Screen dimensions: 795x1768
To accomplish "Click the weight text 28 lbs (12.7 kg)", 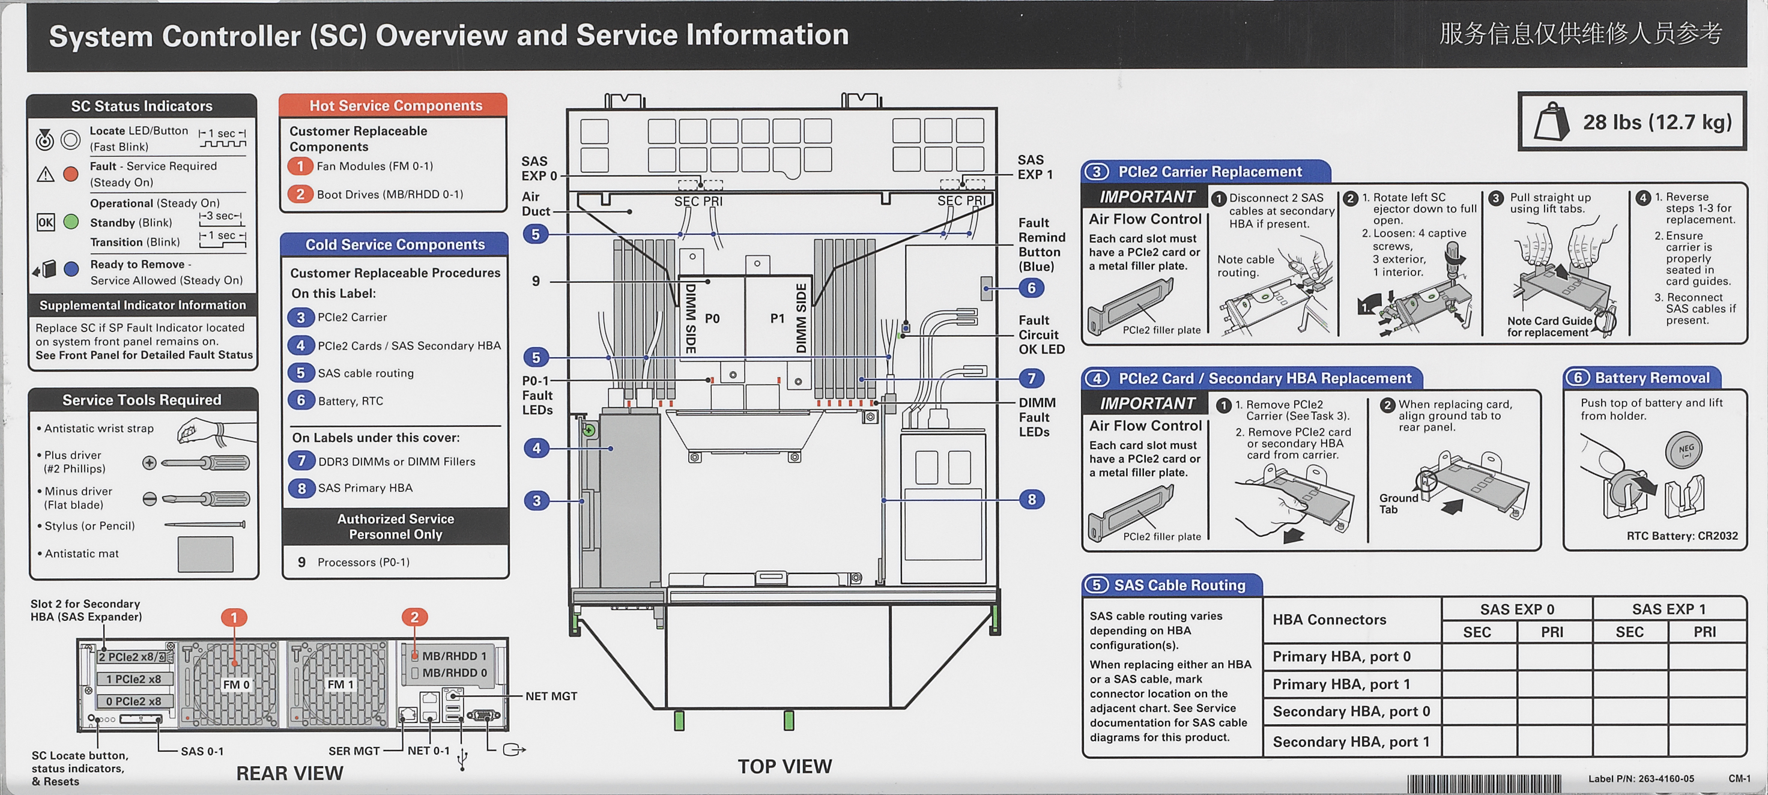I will pos(1657,122).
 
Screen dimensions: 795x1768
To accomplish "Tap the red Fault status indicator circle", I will pos(71,174).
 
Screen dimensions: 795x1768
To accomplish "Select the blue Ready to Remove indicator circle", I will pos(71,269).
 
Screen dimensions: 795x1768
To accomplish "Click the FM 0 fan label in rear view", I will pos(236,685).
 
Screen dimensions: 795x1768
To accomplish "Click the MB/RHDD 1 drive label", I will pos(453,656).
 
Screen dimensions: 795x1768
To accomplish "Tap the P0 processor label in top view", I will pos(712,319).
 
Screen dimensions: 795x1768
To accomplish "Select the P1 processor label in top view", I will pos(777,319).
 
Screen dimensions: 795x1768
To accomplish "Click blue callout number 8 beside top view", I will pos(1032,500).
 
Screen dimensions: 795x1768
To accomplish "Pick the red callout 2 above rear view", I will pos(414,617).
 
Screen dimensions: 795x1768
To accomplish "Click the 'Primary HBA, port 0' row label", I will pos(1341,656).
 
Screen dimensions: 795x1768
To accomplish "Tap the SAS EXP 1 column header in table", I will pos(1668,609).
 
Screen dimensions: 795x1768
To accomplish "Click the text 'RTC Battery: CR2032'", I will pos(1682,536).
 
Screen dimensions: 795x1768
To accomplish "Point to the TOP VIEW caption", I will pos(784,766).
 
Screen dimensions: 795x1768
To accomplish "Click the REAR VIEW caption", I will pos(289,773).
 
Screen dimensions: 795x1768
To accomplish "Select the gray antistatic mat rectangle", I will pos(205,554).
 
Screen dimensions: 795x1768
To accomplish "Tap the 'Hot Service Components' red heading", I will pos(395,106).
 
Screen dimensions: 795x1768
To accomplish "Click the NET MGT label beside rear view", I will pos(551,696).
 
